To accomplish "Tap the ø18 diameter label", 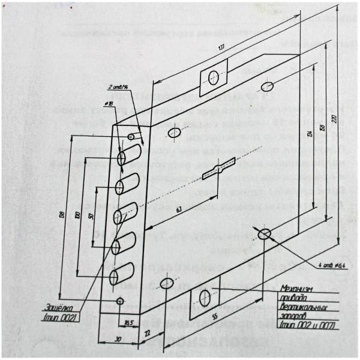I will (110, 104).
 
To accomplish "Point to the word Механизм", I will (297, 289).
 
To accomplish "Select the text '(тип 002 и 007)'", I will (305, 325).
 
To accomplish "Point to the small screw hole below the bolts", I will (120, 299).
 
